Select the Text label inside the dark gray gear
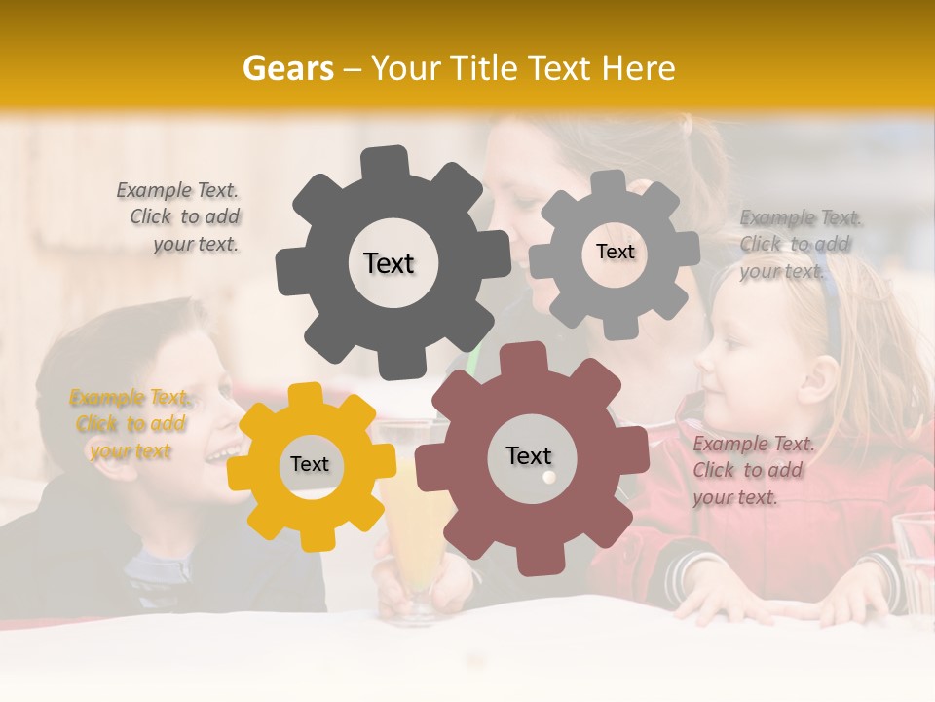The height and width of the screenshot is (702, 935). tap(389, 263)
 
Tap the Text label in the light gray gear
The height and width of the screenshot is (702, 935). tap(615, 252)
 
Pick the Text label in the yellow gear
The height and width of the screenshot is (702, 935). tap(310, 464)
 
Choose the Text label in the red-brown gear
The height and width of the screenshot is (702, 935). tap(529, 455)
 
